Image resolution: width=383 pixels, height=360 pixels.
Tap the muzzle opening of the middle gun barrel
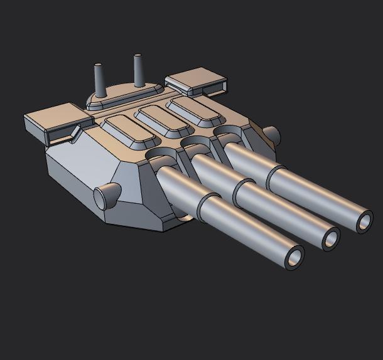click(330, 238)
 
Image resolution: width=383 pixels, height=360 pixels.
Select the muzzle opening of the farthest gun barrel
click(365, 221)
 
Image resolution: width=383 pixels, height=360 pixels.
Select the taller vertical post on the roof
click(138, 70)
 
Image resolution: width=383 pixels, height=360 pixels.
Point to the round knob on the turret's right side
click(271, 134)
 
